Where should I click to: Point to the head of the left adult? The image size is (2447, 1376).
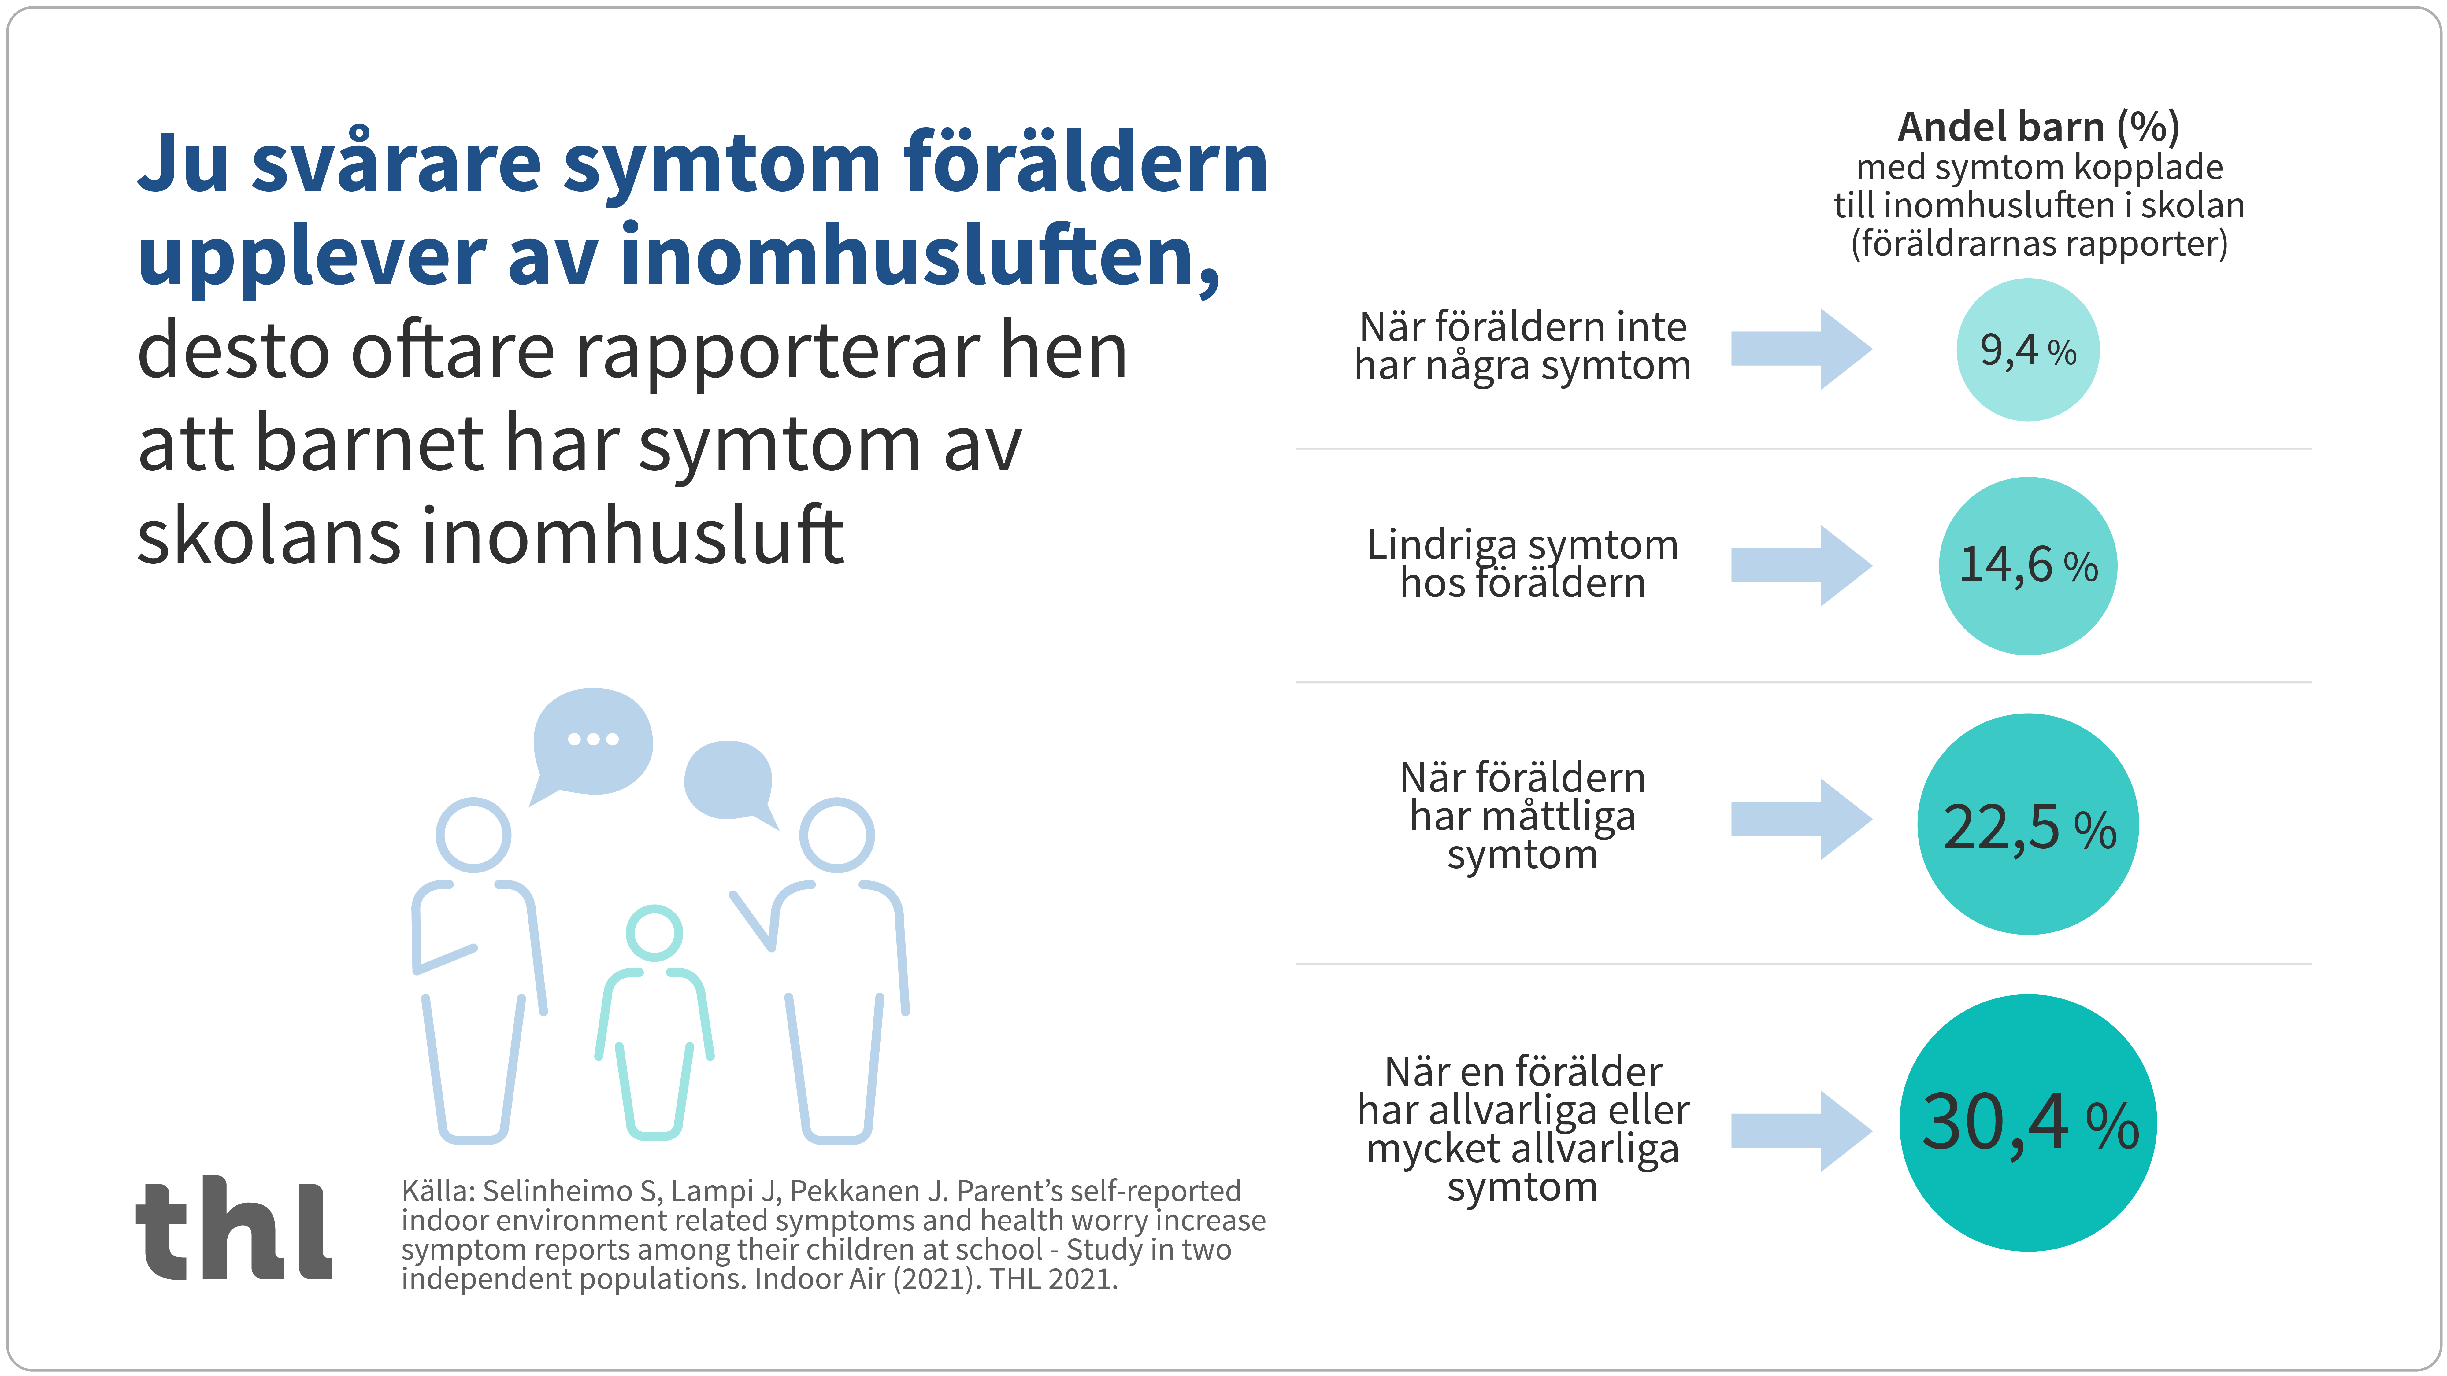coord(473,835)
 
